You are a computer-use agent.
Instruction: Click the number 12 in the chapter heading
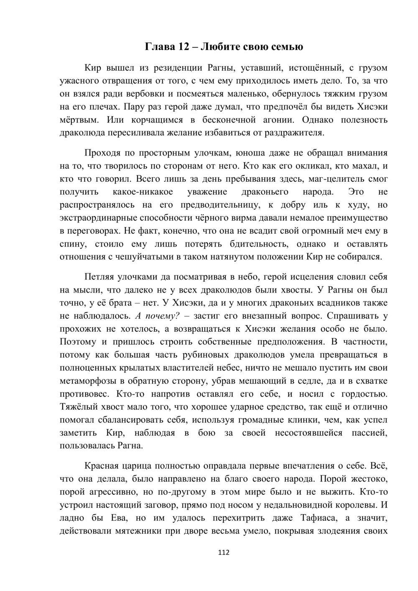point(184,46)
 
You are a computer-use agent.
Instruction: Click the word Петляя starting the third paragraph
point(100,277)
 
